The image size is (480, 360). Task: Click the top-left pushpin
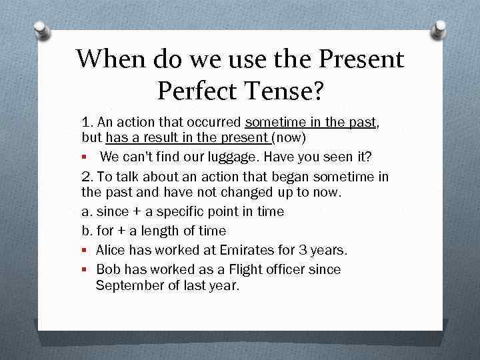point(42,30)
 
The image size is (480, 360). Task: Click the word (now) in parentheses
point(289,139)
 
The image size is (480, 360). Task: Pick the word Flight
point(245,269)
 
